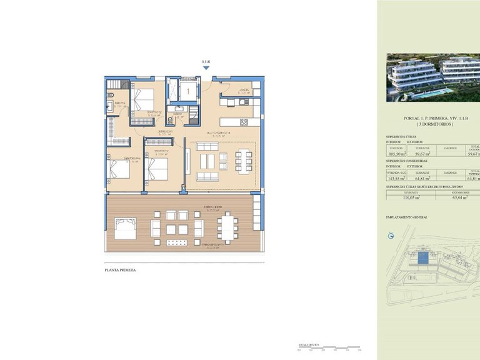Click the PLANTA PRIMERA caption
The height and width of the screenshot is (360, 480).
click(x=119, y=271)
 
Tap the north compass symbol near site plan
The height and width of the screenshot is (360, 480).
click(x=391, y=236)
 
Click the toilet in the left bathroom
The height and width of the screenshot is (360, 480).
click(x=110, y=105)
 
